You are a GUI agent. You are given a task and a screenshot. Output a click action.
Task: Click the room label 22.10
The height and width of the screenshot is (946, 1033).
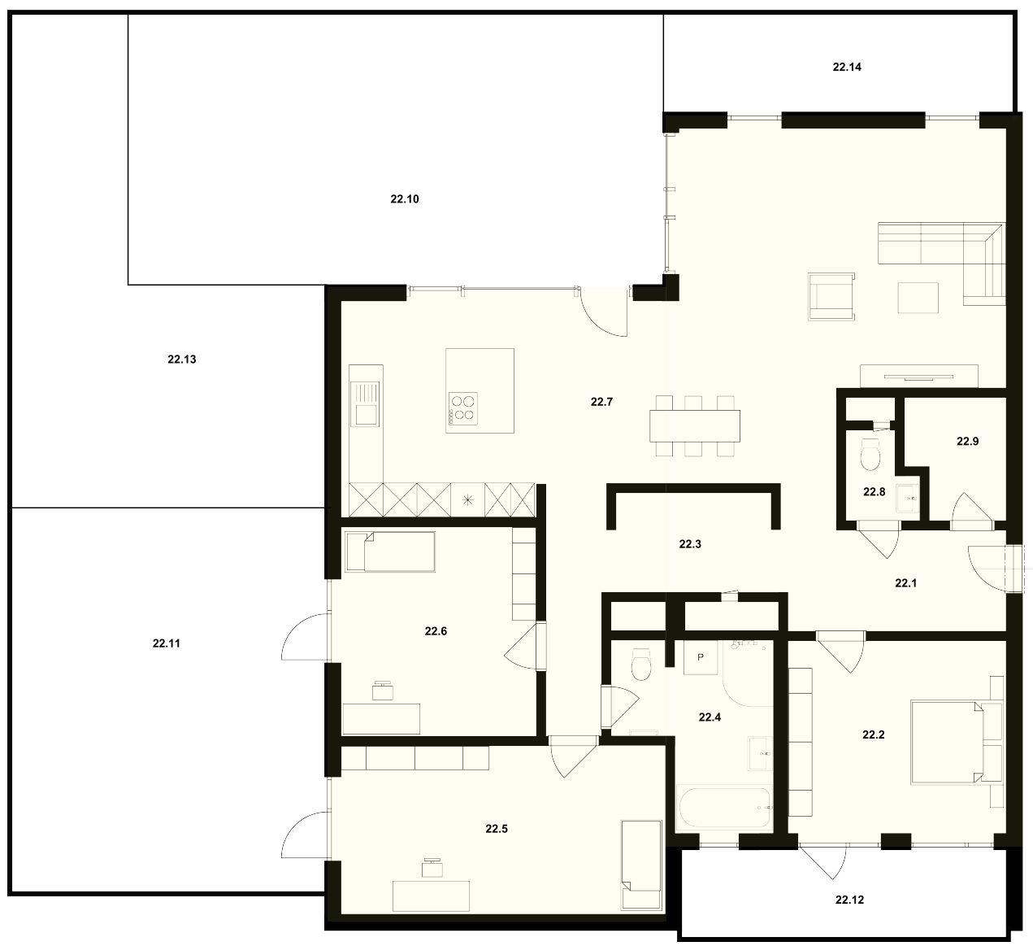tap(404, 199)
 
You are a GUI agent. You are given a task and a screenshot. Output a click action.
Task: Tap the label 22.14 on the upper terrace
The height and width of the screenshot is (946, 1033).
tap(847, 67)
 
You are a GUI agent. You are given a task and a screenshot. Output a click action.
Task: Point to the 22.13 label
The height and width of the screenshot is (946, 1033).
tap(182, 360)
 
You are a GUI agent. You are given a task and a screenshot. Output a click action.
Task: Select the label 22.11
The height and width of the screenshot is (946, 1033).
tap(167, 643)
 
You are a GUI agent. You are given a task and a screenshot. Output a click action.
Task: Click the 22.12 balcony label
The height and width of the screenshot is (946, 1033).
tap(849, 900)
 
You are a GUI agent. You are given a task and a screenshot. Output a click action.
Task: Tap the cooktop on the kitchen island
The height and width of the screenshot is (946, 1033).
tap(463, 409)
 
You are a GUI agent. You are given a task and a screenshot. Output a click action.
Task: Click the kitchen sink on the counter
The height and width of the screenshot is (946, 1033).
tap(365, 403)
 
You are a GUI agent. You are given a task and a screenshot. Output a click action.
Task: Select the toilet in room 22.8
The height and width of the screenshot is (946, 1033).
tap(870, 454)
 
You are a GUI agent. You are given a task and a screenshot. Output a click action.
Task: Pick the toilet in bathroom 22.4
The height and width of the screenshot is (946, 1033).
tap(641, 665)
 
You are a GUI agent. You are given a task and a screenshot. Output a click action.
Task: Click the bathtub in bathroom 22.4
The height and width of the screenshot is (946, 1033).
tap(724, 808)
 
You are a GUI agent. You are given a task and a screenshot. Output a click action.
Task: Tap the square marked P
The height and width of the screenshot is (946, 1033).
tap(701, 657)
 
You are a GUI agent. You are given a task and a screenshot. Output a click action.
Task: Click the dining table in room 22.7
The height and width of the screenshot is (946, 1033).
tap(695, 426)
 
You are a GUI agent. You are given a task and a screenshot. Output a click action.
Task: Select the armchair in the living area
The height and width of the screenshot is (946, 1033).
tap(831, 296)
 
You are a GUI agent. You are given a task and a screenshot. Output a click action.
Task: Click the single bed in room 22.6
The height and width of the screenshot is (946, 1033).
tap(390, 552)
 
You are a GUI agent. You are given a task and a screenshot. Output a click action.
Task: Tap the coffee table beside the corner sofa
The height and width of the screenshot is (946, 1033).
tap(918, 298)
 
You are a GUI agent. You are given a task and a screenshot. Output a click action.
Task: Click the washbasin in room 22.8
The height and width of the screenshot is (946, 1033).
tap(907, 499)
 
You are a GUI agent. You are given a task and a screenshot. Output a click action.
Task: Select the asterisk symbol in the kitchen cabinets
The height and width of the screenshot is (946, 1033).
tap(467, 499)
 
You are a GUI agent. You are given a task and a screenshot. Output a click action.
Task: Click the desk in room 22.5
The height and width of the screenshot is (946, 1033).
tap(431, 896)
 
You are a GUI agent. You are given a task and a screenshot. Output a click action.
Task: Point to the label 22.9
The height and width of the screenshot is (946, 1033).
tap(968, 442)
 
